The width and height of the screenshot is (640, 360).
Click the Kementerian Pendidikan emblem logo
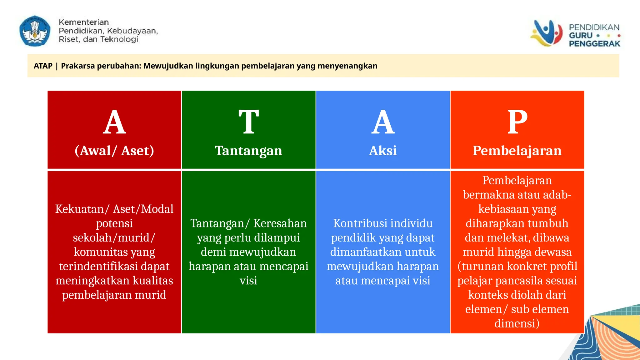tap(35, 31)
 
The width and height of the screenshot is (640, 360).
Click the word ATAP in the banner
tap(43, 66)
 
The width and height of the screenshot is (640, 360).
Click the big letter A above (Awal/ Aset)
tap(114, 122)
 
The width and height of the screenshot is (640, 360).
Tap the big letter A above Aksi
tap(383, 122)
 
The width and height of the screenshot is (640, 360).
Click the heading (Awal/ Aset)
tap(114, 151)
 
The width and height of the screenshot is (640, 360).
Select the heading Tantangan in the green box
tap(248, 151)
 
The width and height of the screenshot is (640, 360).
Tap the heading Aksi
tap(383, 151)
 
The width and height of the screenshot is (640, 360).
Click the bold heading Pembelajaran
tap(517, 151)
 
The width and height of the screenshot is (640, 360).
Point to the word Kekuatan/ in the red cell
tap(79, 209)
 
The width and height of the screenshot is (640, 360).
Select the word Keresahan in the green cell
tap(280, 223)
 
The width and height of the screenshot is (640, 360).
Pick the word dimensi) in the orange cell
tap(517, 323)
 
